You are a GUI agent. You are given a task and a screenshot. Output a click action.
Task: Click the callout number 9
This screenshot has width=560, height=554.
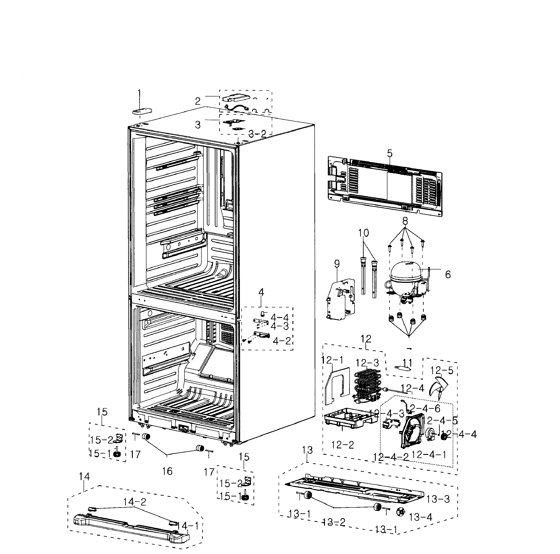[x=337, y=264]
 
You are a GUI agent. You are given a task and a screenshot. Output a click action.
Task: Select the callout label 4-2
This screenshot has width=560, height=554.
[x=282, y=341]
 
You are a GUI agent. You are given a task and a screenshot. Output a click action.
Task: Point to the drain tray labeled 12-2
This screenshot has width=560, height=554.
[x=348, y=420]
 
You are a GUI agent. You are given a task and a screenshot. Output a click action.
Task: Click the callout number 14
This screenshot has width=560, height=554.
[x=84, y=476]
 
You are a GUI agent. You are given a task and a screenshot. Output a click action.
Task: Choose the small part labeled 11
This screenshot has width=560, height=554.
[x=403, y=368]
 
